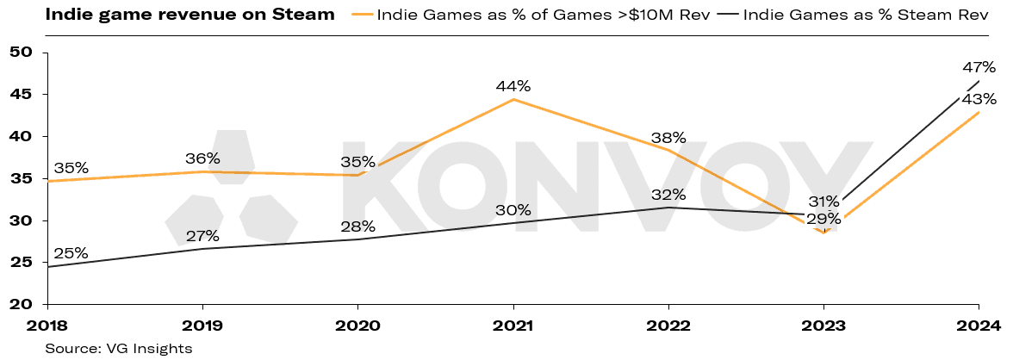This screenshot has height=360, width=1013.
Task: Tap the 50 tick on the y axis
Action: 22,53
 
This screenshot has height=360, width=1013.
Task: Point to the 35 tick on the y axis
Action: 22,178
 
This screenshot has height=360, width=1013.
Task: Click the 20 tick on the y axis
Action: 22,304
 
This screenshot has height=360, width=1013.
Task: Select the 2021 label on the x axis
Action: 513,326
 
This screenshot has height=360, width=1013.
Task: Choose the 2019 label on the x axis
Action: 202,326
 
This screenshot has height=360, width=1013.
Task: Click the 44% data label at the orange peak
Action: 513,86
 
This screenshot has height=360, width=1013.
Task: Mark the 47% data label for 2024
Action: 979,68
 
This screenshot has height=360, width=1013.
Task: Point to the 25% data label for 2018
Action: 71,253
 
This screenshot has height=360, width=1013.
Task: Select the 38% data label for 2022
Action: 668,137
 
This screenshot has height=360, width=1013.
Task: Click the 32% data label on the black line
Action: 668,195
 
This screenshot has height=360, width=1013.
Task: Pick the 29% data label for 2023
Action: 823,218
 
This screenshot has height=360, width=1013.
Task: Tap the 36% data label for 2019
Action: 202,158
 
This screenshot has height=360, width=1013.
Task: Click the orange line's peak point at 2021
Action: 513,99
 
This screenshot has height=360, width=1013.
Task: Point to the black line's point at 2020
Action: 357,239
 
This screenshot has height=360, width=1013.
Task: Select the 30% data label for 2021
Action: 513,210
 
